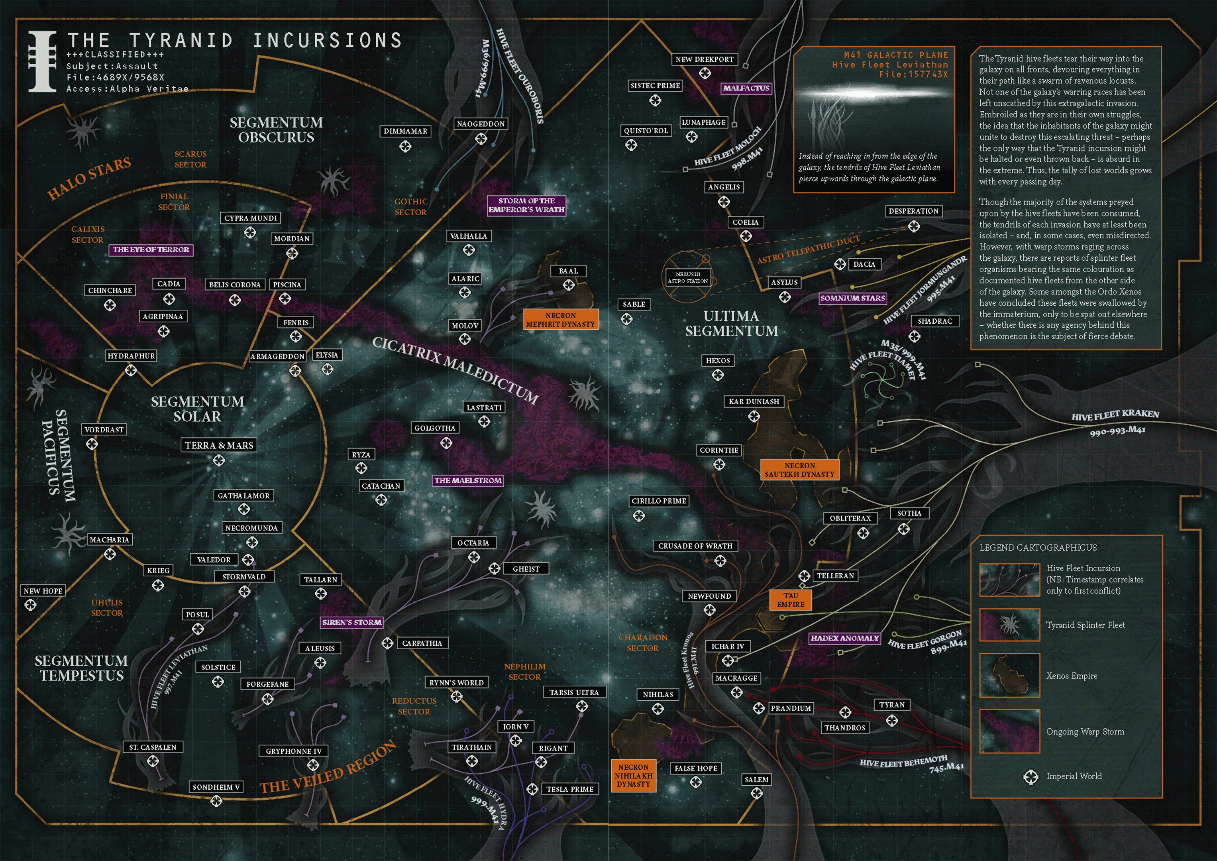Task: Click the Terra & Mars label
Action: pyautogui.click(x=219, y=445)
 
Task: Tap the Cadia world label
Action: pyautogui.click(x=169, y=284)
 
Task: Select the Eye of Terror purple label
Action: pyautogui.click(x=151, y=250)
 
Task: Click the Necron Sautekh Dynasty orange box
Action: pyautogui.click(x=799, y=470)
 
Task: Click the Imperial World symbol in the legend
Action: pyautogui.click(x=1031, y=777)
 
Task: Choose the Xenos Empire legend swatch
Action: pyautogui.click(x=1010, y=675)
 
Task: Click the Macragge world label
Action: pyautogui.click(x=736, y=678)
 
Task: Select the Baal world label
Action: pyautogui.click(x=568, y=271)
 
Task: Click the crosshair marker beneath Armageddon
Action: pyautogui.click(x=295, y=371)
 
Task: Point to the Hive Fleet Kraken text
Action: pyautogui.click(x=1115, y=415)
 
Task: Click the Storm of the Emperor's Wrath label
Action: pyautogui.click(x=526, y=205)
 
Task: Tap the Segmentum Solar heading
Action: pyautogui.click(x=197, y=409)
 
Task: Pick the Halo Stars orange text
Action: pyautogui.click(x=89, y=178)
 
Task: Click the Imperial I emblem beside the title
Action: pyautogui.click(x=42, y=61)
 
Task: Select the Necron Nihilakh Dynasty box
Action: pyautogui.click(x=634, y=776)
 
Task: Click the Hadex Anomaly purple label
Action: pyautogui.click(x=844, y=638)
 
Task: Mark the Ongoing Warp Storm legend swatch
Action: pyautogui.click(x=1010, y=731)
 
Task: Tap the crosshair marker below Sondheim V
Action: pyautogui.click(x=216, y=801)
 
